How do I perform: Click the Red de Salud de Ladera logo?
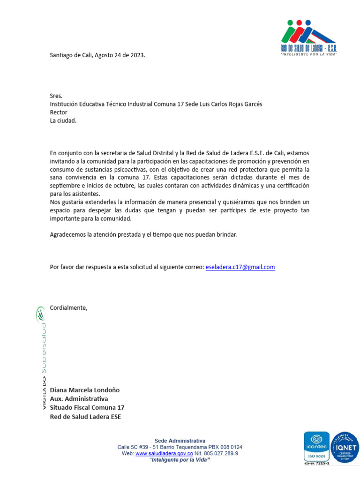pyautogui.click(x=308, y=37)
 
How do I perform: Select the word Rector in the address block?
pyautogui.click(x=59, y=112)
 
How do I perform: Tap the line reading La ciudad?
pyautogui.click(x=63, y=120)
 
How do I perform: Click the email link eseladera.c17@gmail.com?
pyautogui.click(x=240, y=267)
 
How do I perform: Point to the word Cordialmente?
pyautogui.click(x=68, y=307)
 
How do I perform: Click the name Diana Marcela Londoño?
pyautogui.click(x=85, y=390)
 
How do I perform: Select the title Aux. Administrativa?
pyautogui.click(x=79, y=398)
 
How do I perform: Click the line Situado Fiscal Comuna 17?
pyautogui.click(x=87, y=407)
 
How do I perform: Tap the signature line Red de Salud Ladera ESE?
pyautogui.click(x=85, y=416)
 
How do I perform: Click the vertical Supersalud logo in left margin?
pyautogui.click(x=41, y=359)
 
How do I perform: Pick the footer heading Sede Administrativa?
pyautogui.click(x=180, y=441)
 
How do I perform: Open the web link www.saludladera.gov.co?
pyautogui.click(x=164, y=454)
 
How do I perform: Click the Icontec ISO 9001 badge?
pyautogui.click(x=317, y=448)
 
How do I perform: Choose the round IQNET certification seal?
pyautogui.click(x=345, y=448)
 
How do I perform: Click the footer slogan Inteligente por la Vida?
pyautogui.click(x=180, y=460)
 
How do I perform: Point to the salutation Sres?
pyautogui.click(x=56, y=96)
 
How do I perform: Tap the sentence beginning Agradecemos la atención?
pyautogui.click(x=143, y=234)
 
